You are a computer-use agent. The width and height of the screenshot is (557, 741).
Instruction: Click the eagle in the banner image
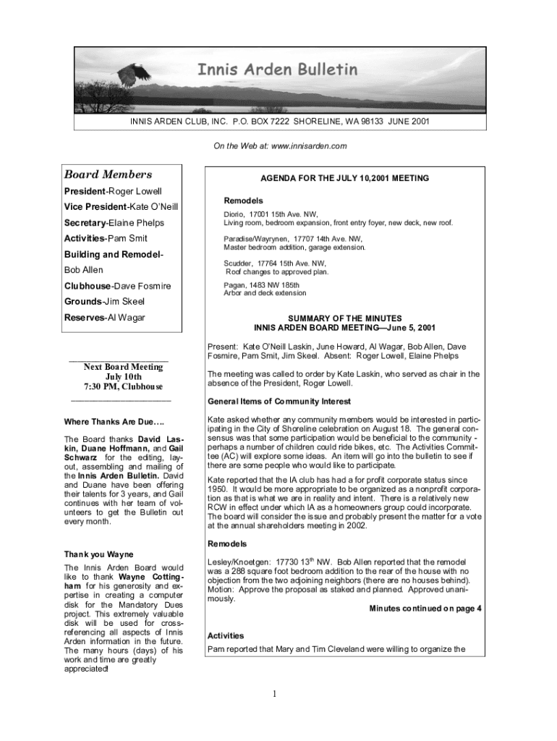[132, 75]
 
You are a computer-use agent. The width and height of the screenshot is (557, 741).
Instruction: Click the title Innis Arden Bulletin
[278, 69]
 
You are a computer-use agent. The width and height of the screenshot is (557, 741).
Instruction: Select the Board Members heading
[108, 174]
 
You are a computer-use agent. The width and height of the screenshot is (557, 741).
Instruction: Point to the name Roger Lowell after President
[135, 192]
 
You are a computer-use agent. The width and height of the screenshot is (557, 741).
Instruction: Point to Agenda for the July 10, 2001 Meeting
[344, 178]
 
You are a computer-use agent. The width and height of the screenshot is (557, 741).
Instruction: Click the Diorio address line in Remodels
[271, 214]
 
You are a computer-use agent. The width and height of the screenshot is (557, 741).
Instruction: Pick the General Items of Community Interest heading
[279, 402]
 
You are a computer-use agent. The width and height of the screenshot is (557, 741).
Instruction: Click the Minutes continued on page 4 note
[425, 609]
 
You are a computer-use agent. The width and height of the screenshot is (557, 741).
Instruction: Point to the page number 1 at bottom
[276, 695]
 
